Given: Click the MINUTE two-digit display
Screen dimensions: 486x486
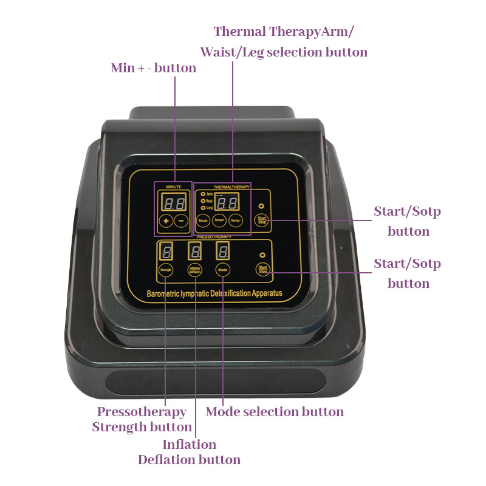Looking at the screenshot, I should [174, 202].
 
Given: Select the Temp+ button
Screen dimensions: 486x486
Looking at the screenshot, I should [219, 222].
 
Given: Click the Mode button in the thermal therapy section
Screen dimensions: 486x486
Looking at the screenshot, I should [203, 222].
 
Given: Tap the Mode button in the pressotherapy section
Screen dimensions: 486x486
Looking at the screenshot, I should [223, 269].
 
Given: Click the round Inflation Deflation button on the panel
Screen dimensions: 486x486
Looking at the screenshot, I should [195, 270].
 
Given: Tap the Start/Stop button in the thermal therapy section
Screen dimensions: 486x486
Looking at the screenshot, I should [262, 221].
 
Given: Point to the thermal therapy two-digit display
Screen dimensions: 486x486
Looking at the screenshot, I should [227, 203].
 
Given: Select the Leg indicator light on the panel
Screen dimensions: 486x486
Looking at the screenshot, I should [202, 208].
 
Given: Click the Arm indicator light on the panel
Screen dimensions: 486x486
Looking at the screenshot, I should [202, 194].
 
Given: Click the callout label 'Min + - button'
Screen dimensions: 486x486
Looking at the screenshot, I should [153, 68].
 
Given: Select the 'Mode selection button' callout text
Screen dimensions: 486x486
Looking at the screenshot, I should [275, 412].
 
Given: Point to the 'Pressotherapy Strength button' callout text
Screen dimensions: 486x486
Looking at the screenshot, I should [142, 419].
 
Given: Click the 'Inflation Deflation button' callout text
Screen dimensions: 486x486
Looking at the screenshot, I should [189, 452].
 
